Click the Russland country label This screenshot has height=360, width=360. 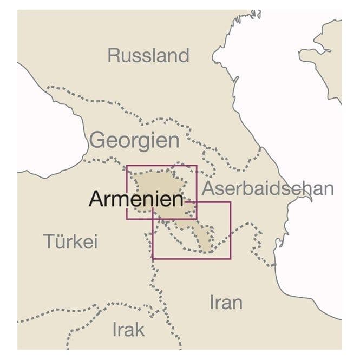[148, 55]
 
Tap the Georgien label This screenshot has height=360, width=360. [134, 140]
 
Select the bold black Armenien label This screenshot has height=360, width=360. [136, 199]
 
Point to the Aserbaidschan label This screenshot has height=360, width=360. [267, 188]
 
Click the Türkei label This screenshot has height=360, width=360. [70, 241]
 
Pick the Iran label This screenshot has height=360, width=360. [226, 302]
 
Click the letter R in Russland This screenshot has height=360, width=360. [114, 55]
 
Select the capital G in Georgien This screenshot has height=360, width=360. [99, 140]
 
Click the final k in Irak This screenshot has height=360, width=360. [142, 329]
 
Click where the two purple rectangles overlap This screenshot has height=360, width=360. [175, 211]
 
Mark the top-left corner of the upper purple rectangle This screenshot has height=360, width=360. [127, 165]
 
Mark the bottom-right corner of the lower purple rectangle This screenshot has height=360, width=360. [231, 258]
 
